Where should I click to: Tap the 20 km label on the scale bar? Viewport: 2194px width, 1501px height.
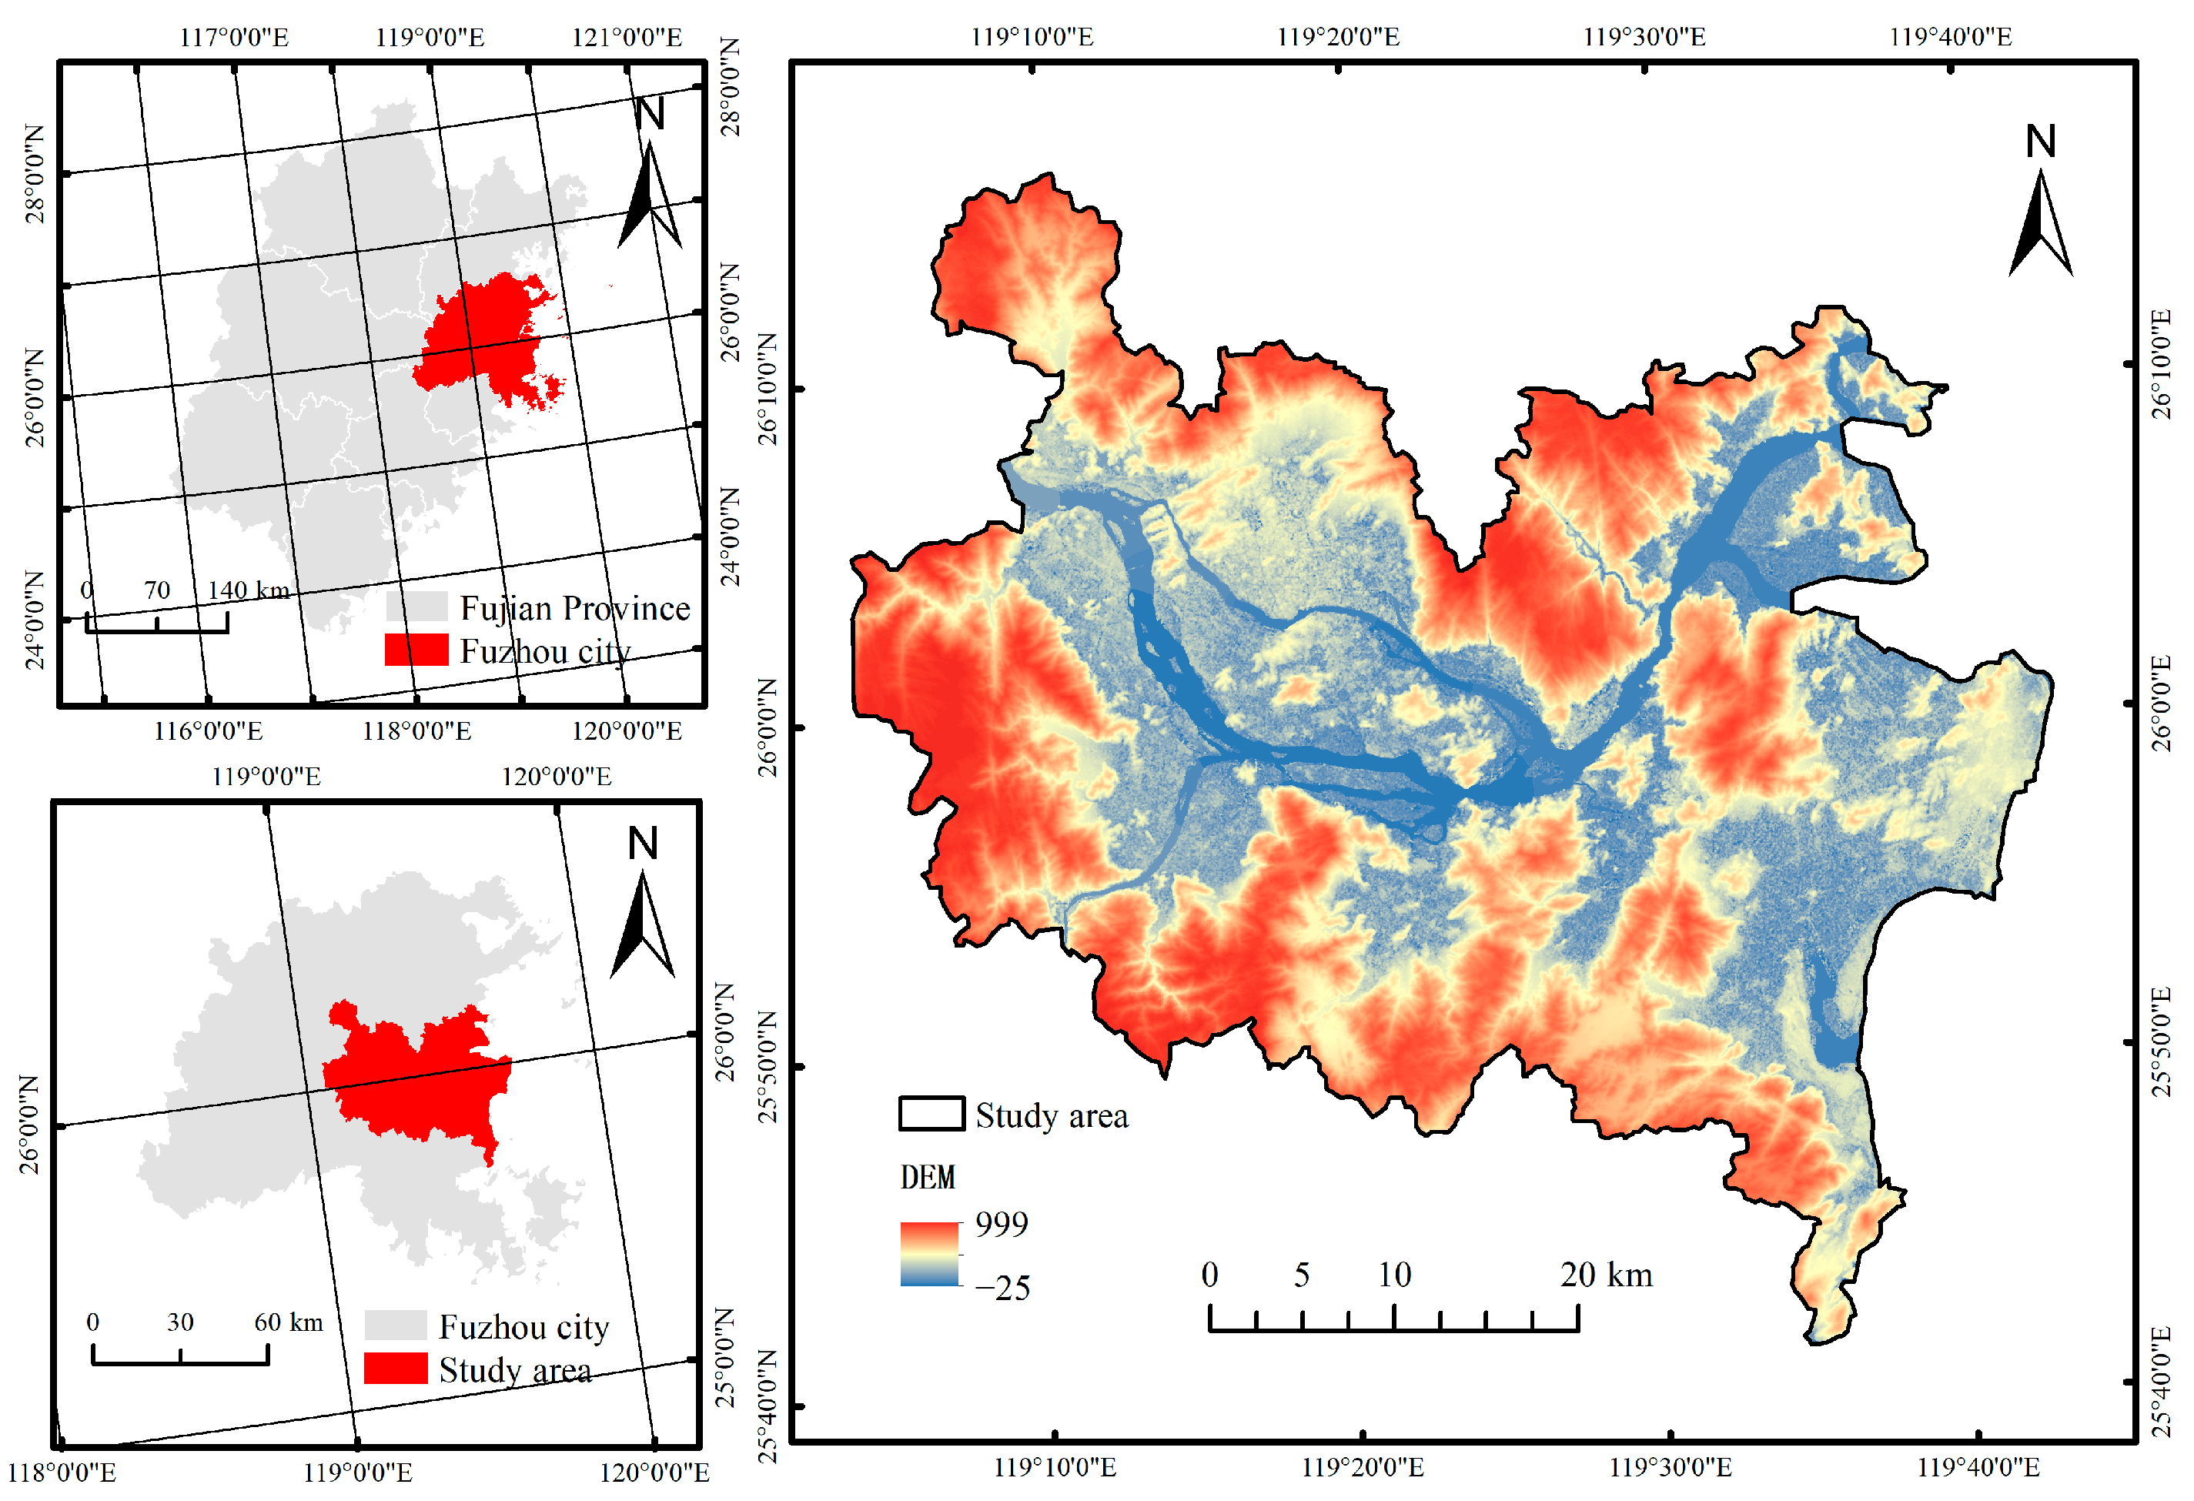coord(1606,1275)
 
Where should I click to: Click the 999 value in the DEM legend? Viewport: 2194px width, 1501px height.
coord(1001,1225)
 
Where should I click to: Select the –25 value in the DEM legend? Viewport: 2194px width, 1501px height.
coord(1002,1289)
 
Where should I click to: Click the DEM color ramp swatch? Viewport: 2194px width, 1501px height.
coord(929,1255)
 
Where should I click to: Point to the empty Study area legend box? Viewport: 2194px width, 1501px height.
coord(931,1114)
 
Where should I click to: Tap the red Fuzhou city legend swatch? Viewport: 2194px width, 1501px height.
coord(416,650)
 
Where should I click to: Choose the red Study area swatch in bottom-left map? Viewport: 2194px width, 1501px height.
coord(396,1369)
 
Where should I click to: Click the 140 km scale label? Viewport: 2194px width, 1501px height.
coord(249,591)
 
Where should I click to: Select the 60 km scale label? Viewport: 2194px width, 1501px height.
coord(288,1322)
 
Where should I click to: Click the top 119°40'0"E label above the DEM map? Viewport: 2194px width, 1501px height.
coord(1951,37)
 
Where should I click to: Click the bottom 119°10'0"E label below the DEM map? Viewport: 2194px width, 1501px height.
coord(1055,1468)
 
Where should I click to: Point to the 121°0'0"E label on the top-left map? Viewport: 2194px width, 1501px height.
coord(627,37)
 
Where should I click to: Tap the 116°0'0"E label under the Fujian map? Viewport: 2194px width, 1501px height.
coord(208,731)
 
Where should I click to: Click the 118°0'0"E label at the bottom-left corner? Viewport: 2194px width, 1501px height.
coord(62,1473)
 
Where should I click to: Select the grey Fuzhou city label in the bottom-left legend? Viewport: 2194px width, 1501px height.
coord(524,1327)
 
